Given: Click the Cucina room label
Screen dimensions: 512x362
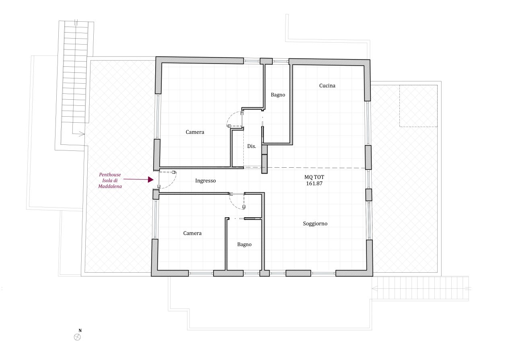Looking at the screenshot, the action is point(327,86).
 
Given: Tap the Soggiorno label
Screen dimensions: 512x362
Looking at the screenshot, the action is point(315,224).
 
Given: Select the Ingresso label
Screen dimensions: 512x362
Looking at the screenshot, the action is point(205,181).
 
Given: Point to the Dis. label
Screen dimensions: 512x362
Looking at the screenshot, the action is point(251,146).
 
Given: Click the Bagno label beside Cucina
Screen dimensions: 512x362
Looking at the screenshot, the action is point(278,95).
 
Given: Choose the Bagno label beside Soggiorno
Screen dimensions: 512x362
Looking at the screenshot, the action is point(244,244).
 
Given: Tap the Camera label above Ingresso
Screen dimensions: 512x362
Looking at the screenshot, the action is point(195,132).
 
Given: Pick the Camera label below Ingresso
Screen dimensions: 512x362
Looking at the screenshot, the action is point(192,233).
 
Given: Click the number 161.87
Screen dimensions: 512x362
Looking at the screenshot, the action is point(314,183).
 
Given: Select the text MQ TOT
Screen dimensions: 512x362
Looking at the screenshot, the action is point(314,177).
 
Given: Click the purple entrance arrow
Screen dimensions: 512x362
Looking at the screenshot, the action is point(138,180).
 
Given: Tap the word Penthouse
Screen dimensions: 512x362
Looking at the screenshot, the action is point(110,175).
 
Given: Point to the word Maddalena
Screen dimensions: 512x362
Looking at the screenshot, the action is point(110,187).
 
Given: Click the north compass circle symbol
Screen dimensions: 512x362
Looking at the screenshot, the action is point(78,337).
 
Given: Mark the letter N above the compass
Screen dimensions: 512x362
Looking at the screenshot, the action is point(80,331).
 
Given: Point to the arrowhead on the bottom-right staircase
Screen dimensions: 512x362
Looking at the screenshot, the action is point(374,289).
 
